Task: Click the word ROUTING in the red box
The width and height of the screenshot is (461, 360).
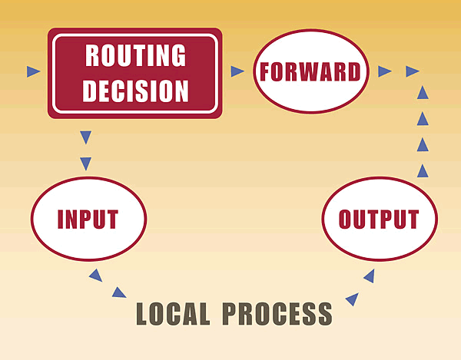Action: (x=135, y=55)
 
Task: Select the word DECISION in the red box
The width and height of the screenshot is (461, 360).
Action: (x=135, y=91)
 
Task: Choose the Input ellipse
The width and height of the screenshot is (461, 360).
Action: (x=88, y=219)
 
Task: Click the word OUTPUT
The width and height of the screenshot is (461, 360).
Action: (x=381, y=219)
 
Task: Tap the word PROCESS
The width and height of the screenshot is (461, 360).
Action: (x=277, y=314)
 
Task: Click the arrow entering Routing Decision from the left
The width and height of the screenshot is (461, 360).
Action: (x=33, y=71)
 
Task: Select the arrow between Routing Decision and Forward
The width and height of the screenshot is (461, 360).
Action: (x=237, y=71)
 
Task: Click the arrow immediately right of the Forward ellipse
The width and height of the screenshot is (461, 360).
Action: (x=385, y=71)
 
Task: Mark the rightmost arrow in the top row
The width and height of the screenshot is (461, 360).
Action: (x=413, y=71)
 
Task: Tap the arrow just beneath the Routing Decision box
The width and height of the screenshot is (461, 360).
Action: (x=85, y=137)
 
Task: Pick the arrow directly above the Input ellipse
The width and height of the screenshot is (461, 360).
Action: (x=85, y=163)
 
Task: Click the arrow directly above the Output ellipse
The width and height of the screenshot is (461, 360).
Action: (x=422, y=168)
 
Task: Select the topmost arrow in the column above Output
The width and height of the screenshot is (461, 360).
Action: (x=422, y=93)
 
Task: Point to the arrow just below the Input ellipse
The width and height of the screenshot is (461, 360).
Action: (x=95, y=274)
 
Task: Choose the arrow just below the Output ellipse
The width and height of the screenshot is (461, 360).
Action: (x=370, y=275)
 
